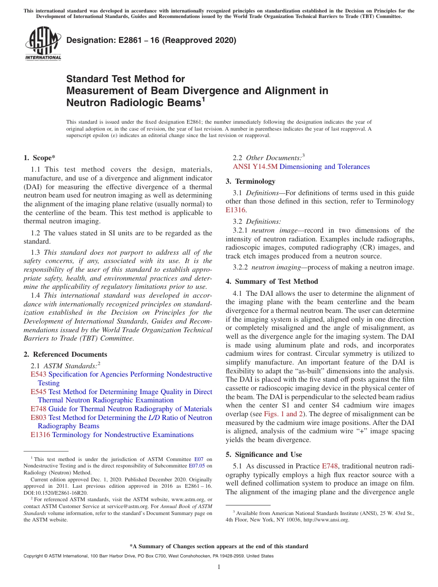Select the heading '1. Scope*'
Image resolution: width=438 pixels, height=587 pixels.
coord(40,158)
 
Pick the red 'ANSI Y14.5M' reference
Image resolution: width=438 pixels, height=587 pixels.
coord(255,167)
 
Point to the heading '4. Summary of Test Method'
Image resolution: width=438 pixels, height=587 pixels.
coord(272,282)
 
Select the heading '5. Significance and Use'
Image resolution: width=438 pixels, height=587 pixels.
coord(264,455)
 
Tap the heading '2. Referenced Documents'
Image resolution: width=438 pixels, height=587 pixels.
coord(65,354)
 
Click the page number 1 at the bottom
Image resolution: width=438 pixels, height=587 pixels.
coord(219,567)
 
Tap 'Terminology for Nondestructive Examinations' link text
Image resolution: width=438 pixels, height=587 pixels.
coord(123,435)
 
